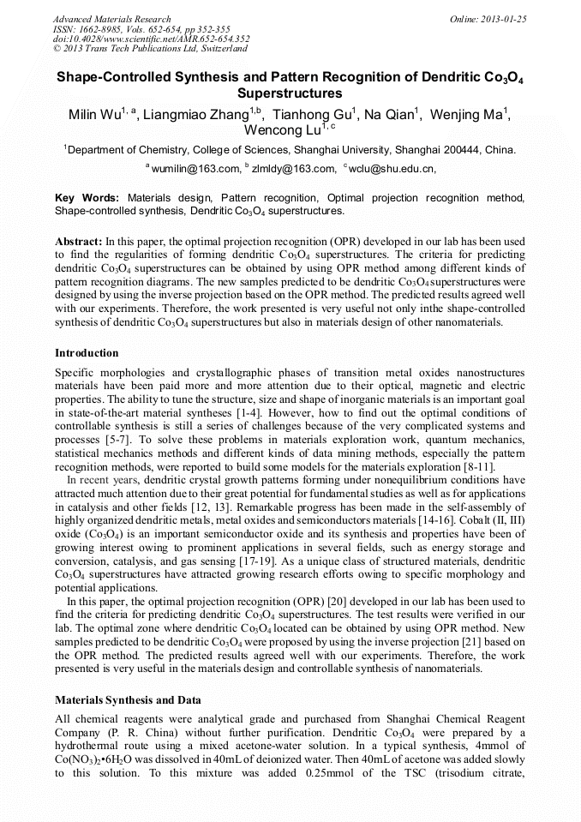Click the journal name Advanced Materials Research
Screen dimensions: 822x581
[x=111, y=19]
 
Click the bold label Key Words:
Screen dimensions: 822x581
[x=88, y=197]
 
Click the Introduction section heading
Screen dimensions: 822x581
[x=87, y=353]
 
